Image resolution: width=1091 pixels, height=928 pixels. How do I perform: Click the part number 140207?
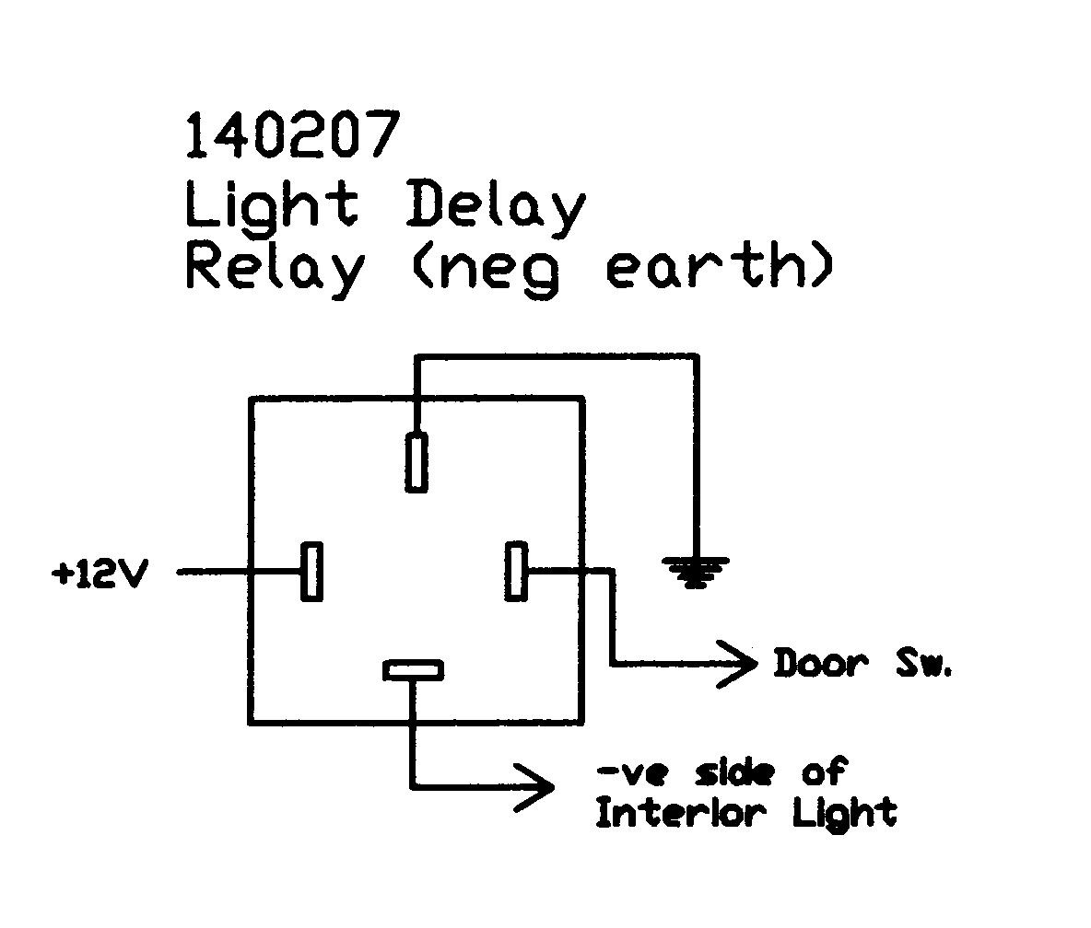(x=293, y=135)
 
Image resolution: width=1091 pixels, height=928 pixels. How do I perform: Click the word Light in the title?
(x=271, y=205)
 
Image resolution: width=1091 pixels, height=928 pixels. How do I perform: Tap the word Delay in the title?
(x=495, y=207)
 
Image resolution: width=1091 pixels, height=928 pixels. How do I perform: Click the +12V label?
(x=100, y=574)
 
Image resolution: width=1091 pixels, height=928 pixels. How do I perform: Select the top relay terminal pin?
(x=416, y=462)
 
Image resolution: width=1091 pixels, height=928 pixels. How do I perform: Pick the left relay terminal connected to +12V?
(x=313, y=572)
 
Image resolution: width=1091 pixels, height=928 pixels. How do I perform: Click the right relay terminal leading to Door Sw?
(x=516, y=572)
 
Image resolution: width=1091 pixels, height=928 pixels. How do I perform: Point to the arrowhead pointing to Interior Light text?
(x=535, y=787)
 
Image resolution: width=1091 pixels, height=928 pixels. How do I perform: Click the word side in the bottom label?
(x=733, y=771)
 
